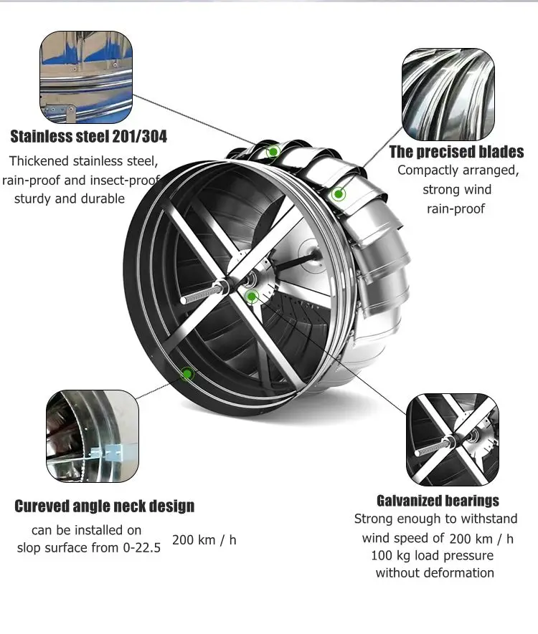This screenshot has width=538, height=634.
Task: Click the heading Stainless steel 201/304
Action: pos(88,135)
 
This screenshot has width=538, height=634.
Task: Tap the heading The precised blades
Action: pos(456,151)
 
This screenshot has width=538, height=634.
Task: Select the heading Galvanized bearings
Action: pos(438,500)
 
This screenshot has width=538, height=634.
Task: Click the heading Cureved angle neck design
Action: pos(105,506)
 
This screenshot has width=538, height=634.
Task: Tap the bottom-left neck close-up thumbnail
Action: pos(93,436)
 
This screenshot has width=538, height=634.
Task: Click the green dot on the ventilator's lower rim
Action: pos(187,373)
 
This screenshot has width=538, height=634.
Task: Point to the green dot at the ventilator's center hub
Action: pos(250,296)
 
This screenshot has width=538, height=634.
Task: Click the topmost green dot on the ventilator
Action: pos(273,152)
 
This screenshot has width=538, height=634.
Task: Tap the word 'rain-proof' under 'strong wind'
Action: pos(456,208)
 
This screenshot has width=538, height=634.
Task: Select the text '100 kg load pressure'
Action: pos(432,555)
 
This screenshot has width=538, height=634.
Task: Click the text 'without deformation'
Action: pos(435,572)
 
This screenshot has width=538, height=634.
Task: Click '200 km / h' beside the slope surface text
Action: pos(204,539)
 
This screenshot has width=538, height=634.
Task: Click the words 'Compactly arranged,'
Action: pos(458,170)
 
